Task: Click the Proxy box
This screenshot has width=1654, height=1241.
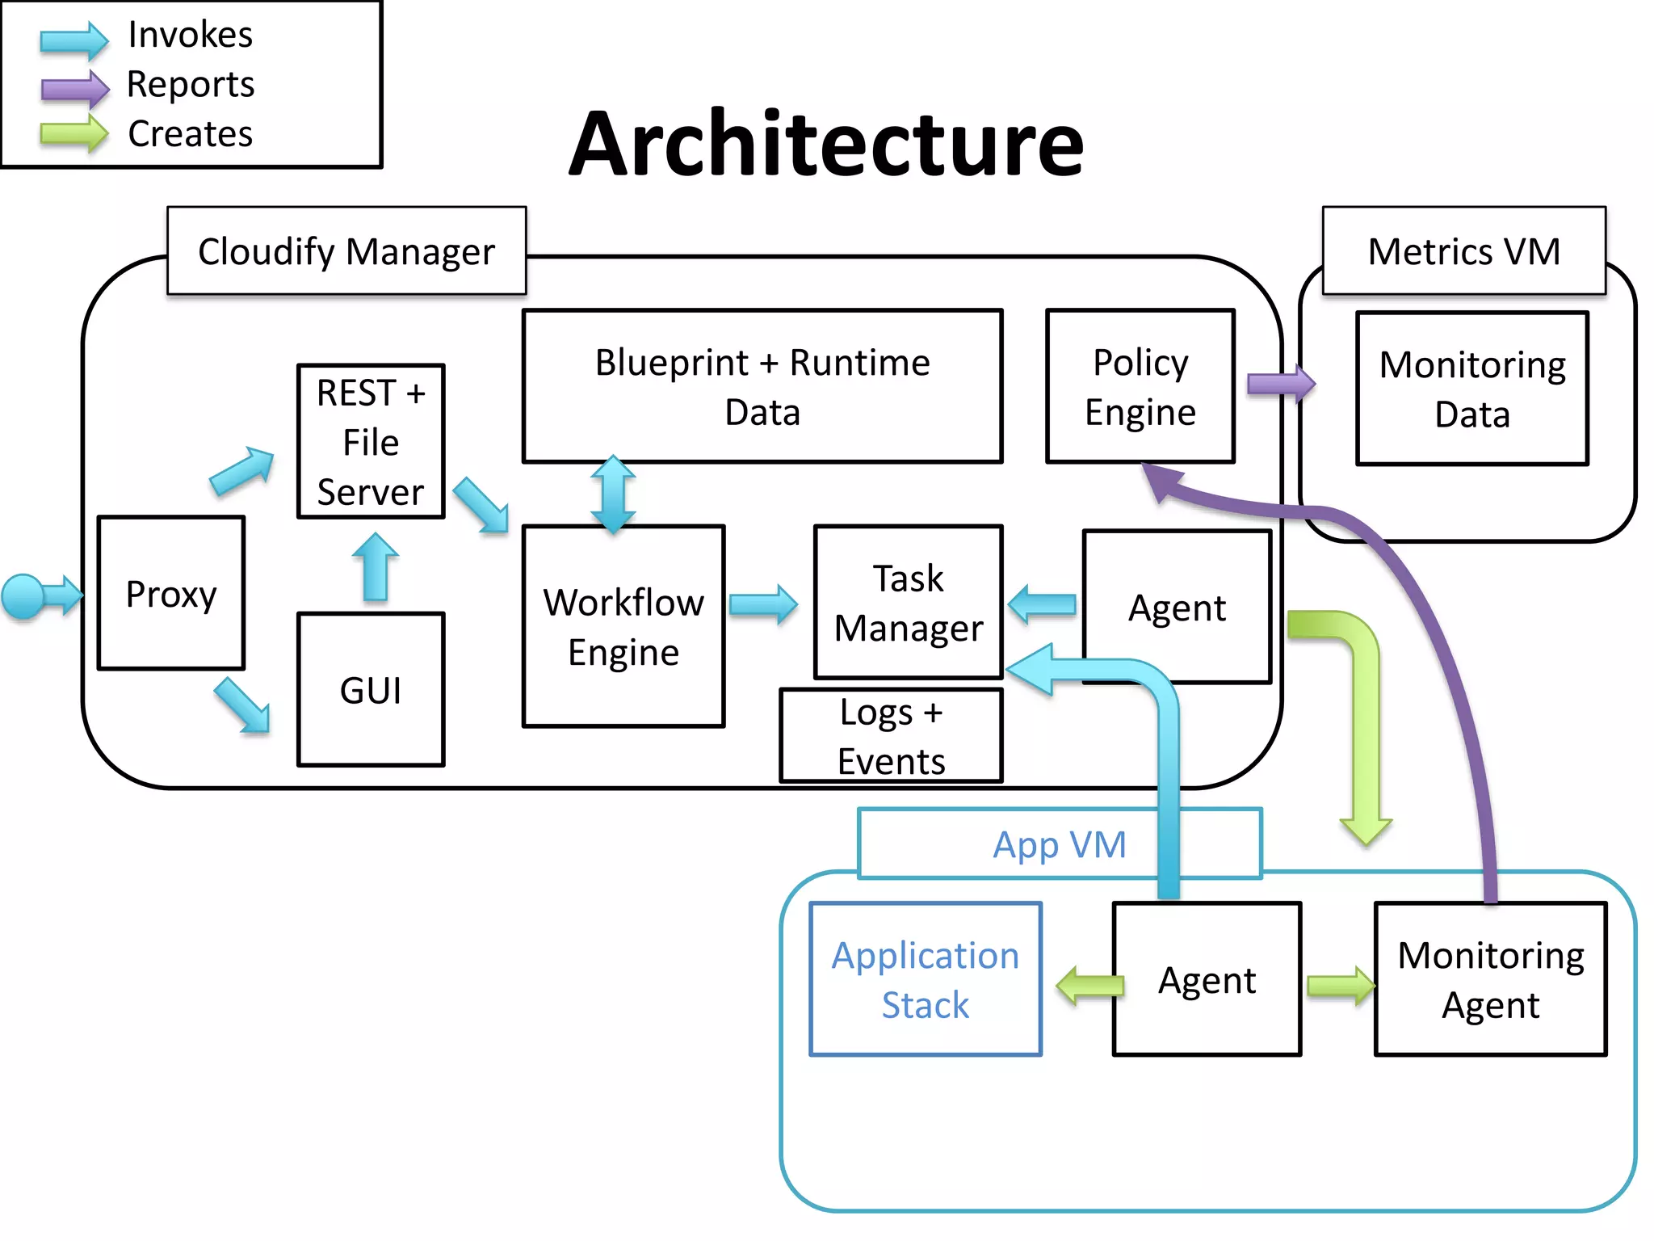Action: [x=170, y=593]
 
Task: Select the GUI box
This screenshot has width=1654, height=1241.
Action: [x=371, y=689]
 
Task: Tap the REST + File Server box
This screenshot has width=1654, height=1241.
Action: [x=371, y=441]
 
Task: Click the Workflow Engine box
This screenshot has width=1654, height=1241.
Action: [x=623, y=626]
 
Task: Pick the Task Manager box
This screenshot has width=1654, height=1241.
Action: [x=909, y=602]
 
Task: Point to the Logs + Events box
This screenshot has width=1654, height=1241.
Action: [x=891, y=735]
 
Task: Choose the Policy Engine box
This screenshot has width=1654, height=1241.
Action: [x=1140, y=386]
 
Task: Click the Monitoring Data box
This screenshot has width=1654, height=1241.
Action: [x=1472, y=389]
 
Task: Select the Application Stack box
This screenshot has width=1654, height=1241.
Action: [x=926, y=979]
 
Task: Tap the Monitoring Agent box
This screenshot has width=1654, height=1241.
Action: [x=1491, y=979]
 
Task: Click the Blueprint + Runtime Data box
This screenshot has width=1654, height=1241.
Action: [x=762, y=386]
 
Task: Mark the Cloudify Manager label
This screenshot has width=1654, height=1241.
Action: [x=346, y=251]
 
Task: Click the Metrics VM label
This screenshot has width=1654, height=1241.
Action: [x=1463, y=251]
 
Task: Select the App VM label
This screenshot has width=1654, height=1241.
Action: [x=1059, y=844]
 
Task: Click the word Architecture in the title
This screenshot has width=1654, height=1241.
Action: [x=826, y=144]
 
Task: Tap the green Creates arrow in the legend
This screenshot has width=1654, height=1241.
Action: [x=74, y=133]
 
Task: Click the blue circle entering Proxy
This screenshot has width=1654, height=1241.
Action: [x=23, y=596]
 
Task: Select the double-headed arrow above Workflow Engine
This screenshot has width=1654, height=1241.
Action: [x=613, y=494]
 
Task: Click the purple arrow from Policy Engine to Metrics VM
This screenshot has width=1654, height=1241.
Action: [x=1281, y=384]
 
